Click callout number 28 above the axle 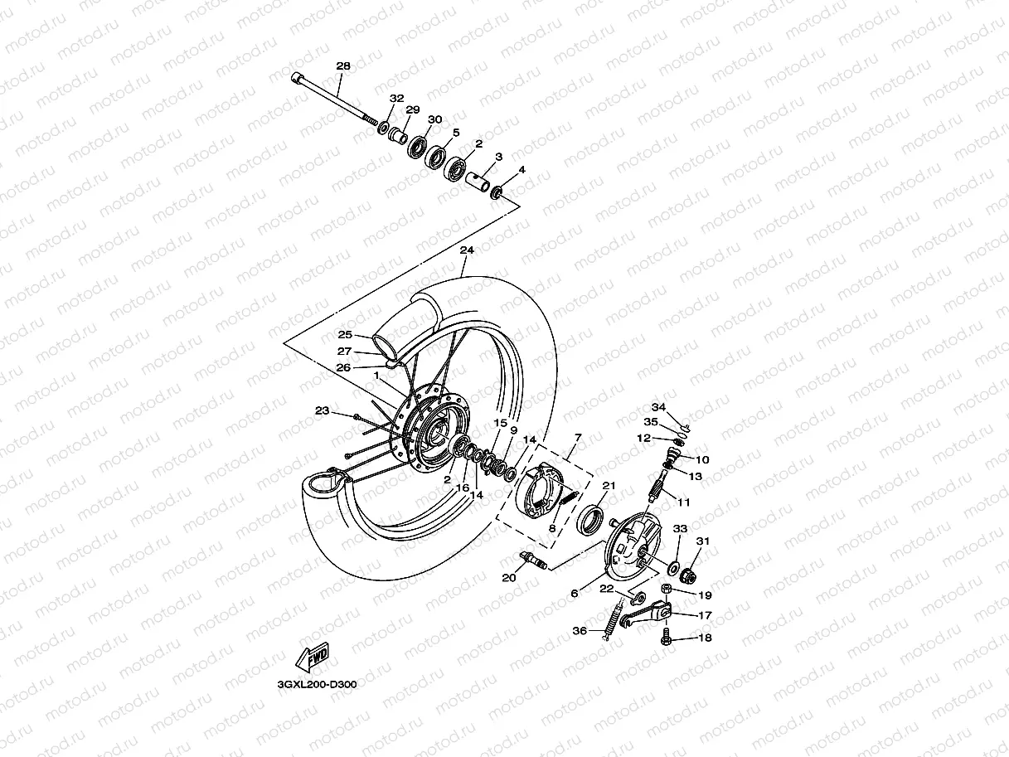(343, 66)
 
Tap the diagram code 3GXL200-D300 (318, 686)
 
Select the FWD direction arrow (313, 658)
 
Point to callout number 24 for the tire (467, 250)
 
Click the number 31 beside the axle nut (703, 542)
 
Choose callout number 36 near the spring (580, 632)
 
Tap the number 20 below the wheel (509, 578)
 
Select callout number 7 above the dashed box (577, 436)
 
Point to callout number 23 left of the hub (323, 410)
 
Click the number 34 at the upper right (658, 407)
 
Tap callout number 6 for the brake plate (574, 594)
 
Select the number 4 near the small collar (521, 170)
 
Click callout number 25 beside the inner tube (345, 335)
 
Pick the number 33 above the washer (680, 529)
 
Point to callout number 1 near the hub (376, 376)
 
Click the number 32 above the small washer (397, 98)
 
